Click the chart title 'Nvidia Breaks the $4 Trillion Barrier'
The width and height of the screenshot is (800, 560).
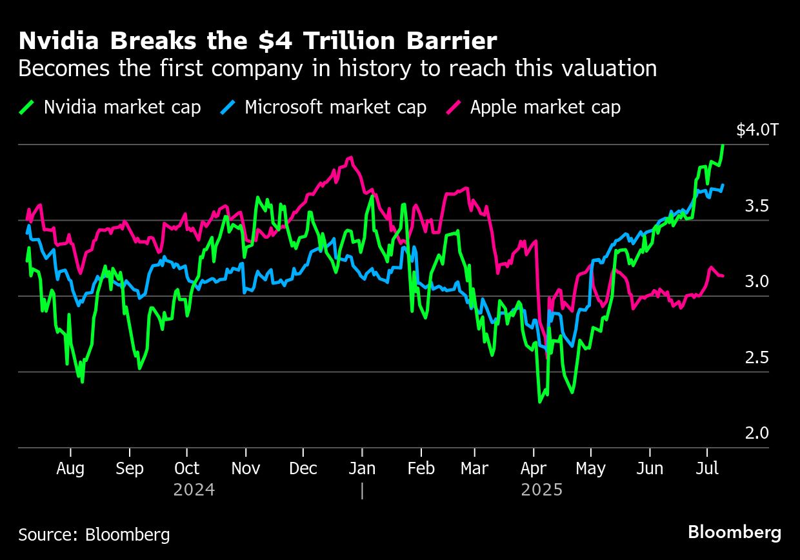point(257,41)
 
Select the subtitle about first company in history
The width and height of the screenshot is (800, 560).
point(337,68)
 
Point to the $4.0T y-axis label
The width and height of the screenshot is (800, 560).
point(757,130)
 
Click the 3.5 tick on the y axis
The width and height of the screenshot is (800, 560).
point(757,206)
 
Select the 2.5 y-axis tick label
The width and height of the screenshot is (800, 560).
point(757,357)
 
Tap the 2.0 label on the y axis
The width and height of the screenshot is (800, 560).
point(757,433)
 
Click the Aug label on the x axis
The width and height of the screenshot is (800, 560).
point(70,468)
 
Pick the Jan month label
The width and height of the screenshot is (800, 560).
point(362,468)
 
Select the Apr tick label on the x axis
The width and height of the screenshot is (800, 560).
point(533,468)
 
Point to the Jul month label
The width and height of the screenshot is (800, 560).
point(707,468)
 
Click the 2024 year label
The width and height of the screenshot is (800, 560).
point(194,490)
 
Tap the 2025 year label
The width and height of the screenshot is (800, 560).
point(542,490)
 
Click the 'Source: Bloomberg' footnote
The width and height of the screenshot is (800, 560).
point(94,535)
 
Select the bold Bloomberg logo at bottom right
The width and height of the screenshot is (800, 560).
point(734,533)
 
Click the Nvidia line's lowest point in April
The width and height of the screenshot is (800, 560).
point(540,402)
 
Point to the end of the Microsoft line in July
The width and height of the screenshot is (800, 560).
point(723,185)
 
